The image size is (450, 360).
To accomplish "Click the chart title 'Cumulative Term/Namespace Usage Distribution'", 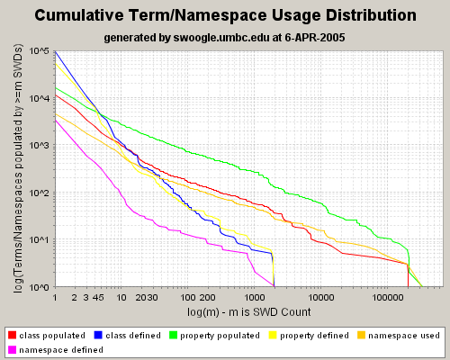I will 225,16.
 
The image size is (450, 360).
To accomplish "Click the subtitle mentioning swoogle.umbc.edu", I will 225,38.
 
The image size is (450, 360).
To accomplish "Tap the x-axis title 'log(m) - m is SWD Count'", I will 249,311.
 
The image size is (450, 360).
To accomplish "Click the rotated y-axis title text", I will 18,169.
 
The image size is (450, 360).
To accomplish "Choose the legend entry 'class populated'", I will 50,336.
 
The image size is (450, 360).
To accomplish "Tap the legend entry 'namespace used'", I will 406,336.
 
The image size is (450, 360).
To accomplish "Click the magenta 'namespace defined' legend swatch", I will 12,349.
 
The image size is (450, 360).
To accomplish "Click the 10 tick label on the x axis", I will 121,297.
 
